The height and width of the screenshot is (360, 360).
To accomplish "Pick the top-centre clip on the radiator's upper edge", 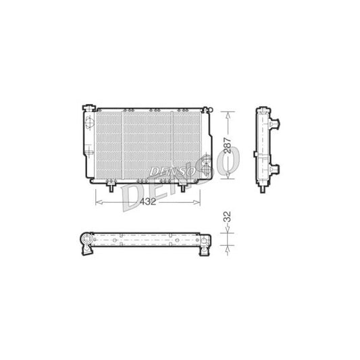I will [154, 109].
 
